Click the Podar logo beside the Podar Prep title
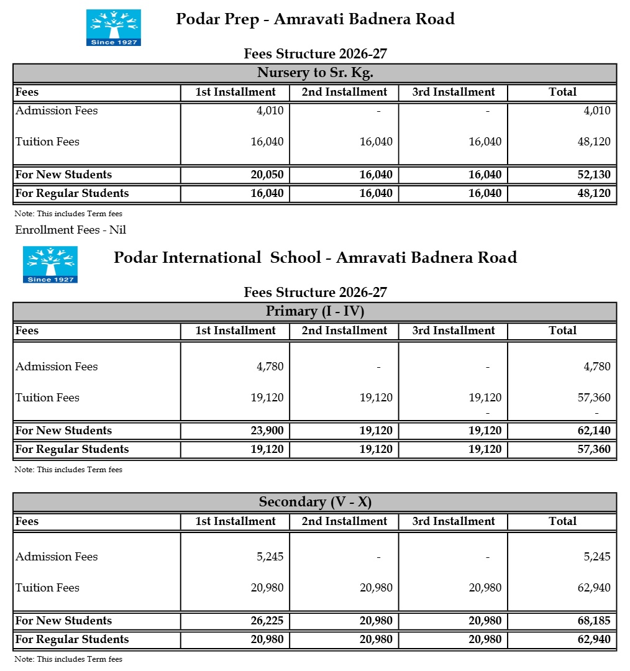(x=114, y=27)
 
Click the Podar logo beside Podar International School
(x=50, y=265)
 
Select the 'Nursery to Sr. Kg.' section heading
(x=315, y=73)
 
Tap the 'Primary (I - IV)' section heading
(x=315, y=311)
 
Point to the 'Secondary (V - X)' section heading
(x=315, y=502)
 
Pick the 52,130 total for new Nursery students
(x=594, y=175)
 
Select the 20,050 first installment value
(x=267, y=175)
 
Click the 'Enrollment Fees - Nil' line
(x=71, y=230)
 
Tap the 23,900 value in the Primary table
(x=267, y=431)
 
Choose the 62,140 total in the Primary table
(x=594, y=431)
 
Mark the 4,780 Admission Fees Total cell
(x=597, y=367)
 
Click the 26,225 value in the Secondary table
(x=267, y=621)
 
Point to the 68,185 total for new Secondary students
(x=594, y=621)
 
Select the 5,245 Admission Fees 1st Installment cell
(x=270, y=557)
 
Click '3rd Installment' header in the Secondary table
(x=454, y=521)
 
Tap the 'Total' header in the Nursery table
(x=562, y=92)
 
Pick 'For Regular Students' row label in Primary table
(x=72, y=449)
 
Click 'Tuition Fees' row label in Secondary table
(x=47, y=588)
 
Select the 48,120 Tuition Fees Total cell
(x=594, y=142)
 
